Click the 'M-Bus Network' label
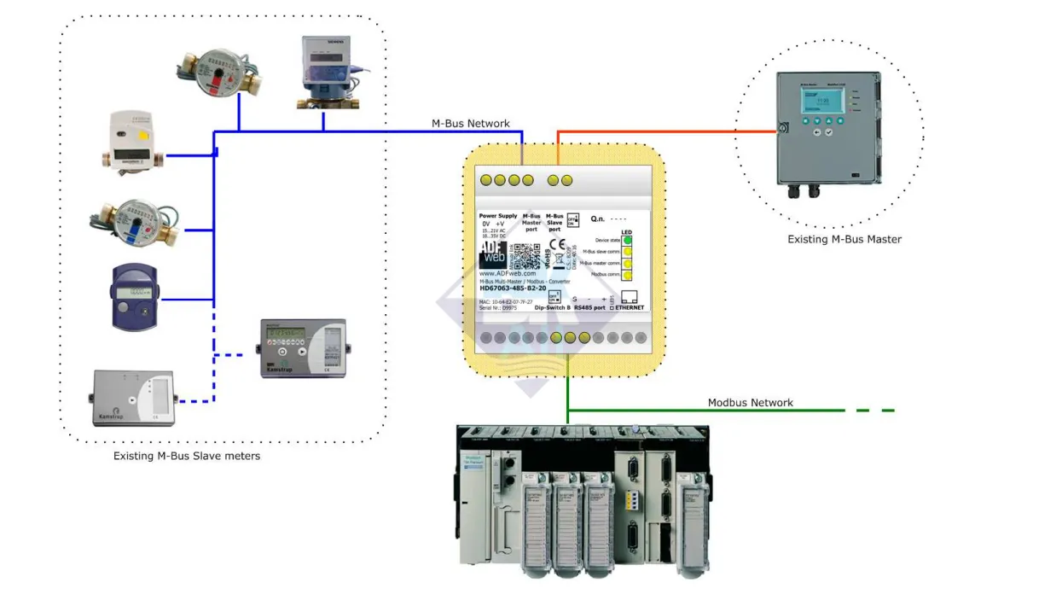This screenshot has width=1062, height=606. point(470,124)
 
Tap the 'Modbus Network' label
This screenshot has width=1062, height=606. point(750,403)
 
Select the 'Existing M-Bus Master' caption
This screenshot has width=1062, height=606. point(844,240)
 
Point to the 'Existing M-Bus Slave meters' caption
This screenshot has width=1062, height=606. point(187,457)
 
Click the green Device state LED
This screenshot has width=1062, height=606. point(627,241)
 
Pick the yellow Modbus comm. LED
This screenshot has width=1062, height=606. point(627,275)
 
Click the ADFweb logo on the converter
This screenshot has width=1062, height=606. point(494,253)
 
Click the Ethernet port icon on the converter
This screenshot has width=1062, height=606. point(630,298)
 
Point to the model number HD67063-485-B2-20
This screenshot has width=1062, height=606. point(513,288)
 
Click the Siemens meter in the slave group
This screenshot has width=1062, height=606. point(327,73)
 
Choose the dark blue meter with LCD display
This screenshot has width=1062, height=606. point(136,296)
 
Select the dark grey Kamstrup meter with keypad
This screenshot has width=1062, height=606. point(303,348)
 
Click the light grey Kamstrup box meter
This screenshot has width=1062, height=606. point(134,398)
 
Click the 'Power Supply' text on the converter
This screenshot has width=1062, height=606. point(499,216)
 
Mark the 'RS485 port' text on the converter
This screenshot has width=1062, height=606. point(589,307)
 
